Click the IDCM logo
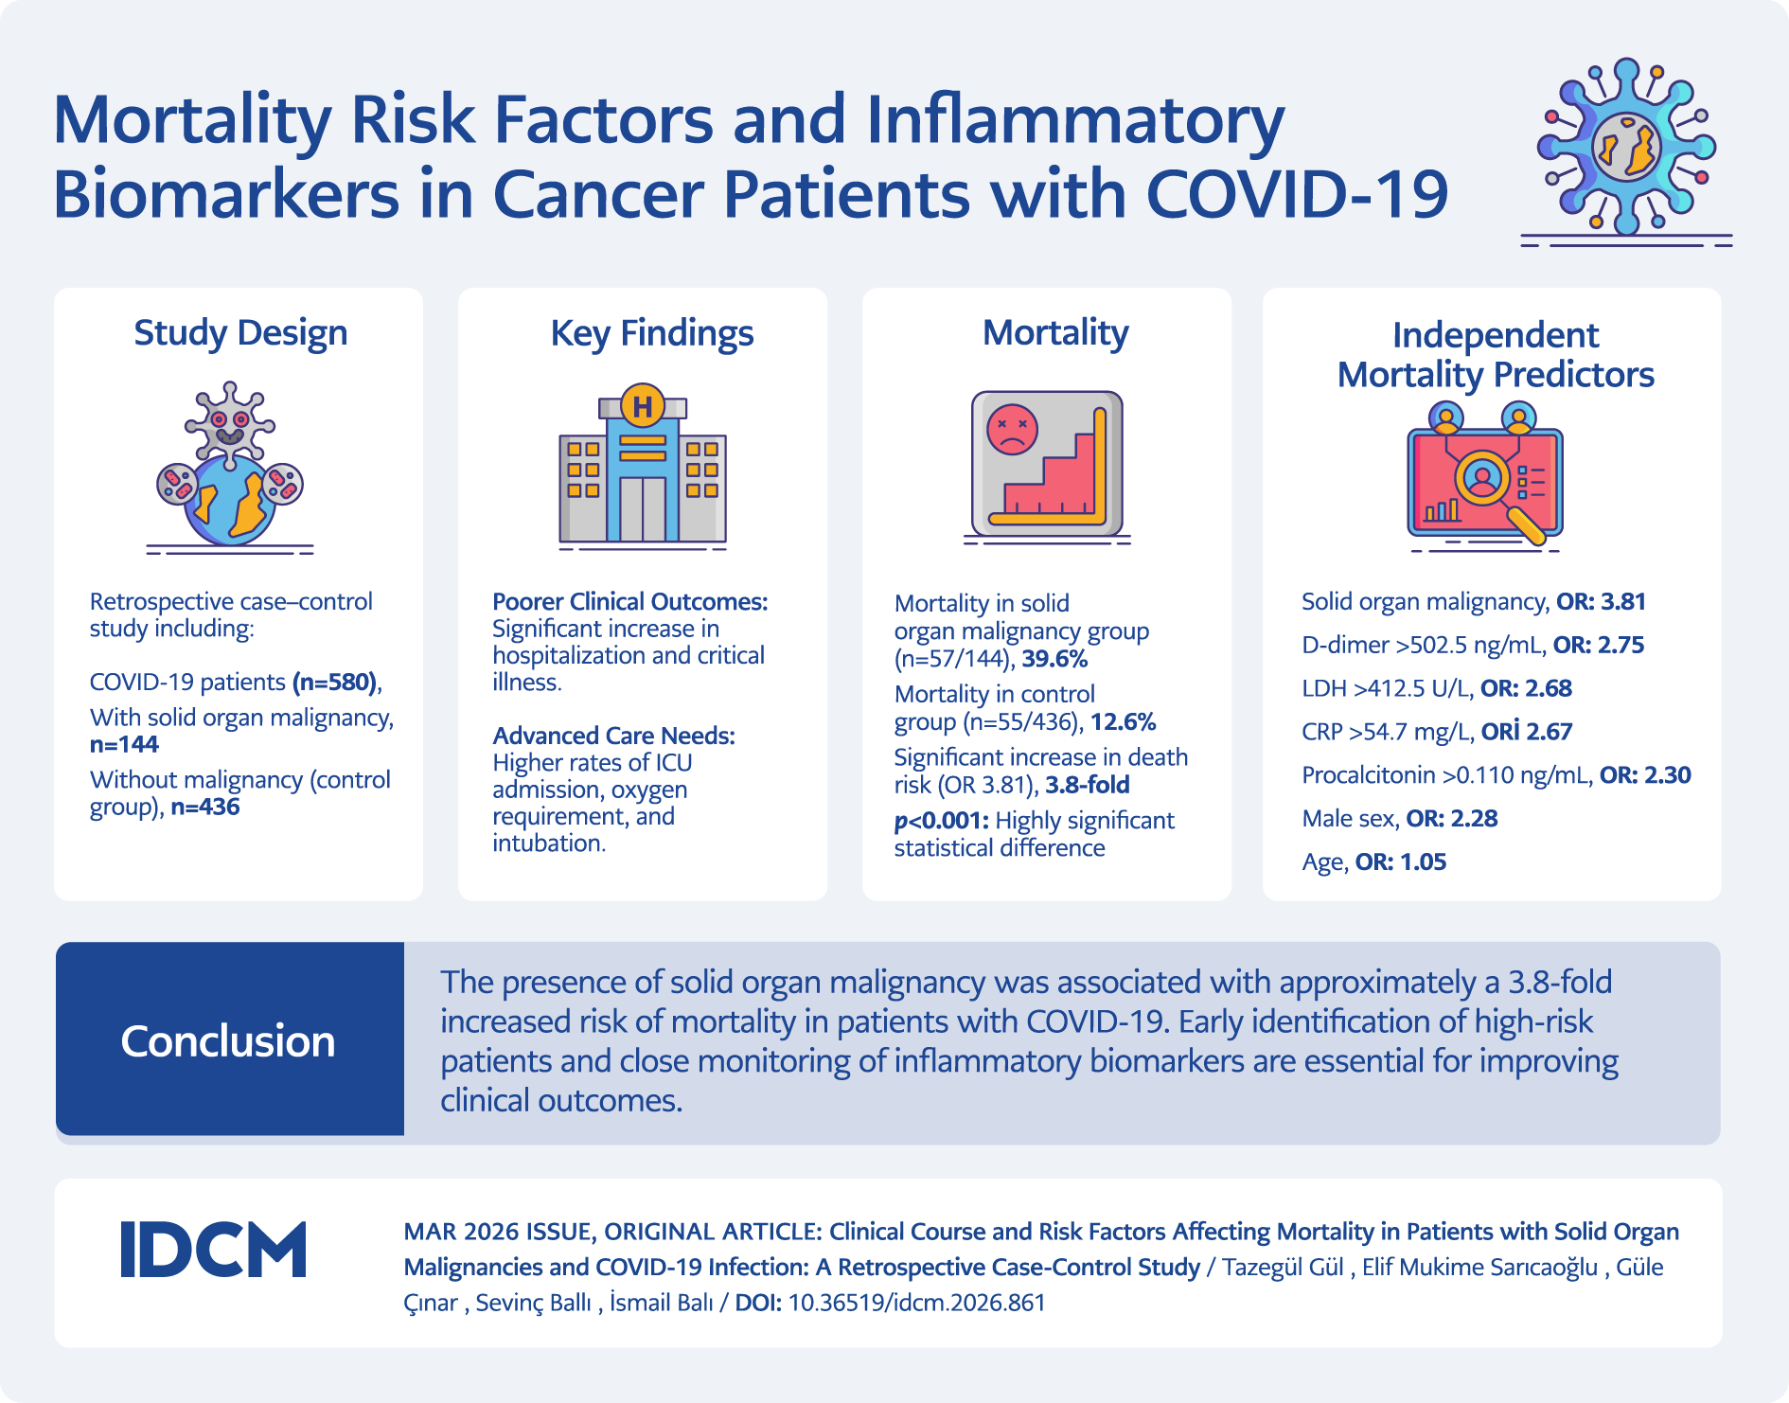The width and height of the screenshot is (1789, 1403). [213, 1250]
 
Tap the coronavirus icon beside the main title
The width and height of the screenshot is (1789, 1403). [1626, 147]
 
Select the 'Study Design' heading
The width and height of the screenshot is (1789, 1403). [240, 333]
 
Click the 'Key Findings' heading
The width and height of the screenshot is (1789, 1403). [652, 333]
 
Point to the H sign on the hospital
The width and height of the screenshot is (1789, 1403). [643, 406]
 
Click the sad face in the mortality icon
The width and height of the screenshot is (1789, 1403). [1012, 430]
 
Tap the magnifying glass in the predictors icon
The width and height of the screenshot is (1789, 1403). [1491, 488]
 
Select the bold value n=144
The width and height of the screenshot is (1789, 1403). [124, 745]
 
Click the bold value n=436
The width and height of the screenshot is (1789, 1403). [204, 808]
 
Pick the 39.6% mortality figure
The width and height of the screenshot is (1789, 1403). [1054, 659]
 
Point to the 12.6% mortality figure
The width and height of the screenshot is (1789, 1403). [1123, 722]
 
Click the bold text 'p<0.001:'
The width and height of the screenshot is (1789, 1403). [941, 821]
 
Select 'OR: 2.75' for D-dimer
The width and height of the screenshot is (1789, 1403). [1599, 646]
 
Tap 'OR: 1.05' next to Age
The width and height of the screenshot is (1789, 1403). [1401, 862]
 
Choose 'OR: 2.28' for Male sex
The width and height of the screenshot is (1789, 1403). [1452, 819]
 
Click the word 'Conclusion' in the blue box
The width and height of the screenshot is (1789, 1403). [228, 1041]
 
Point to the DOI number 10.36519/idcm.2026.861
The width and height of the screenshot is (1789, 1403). [916, 1303]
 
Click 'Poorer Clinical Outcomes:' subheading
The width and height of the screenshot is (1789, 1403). [629, 602]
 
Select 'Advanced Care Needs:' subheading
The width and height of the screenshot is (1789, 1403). [613, 736]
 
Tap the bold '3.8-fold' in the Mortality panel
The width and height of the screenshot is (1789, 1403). [1088, 785]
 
